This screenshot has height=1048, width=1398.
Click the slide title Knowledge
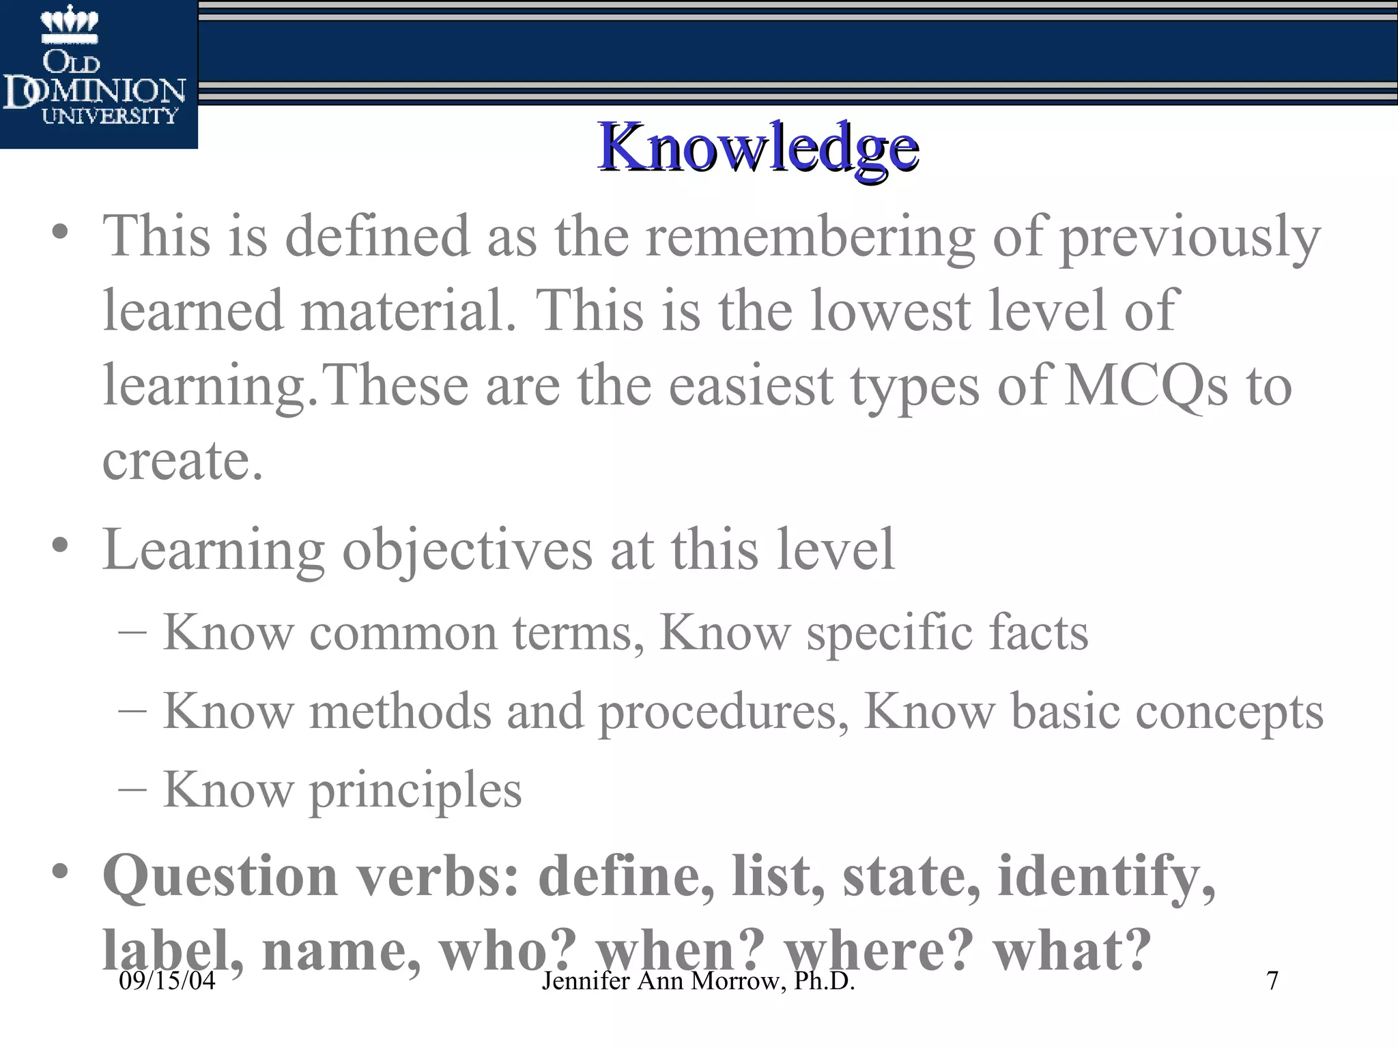(x=758, y=147)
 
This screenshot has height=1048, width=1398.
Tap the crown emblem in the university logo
(x=70, y=25)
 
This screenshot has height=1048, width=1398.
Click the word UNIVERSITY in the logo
(x=109, y=116)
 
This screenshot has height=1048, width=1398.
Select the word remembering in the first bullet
(x=810, y=237)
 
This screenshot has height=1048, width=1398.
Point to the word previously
(x=1189, y=237)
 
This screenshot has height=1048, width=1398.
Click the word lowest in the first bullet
(x=890, y=311)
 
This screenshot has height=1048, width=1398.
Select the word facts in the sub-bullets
(x=1038, y=632)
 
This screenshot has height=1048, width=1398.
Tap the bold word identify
(x=1106, y=876)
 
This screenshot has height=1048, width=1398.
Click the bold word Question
(x=220, y=876)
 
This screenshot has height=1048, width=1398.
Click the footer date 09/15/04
(x=167, y=981)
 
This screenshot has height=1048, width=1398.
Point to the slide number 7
(x=1272, y=981)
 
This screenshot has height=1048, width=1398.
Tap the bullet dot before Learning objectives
(x=60, y=545)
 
